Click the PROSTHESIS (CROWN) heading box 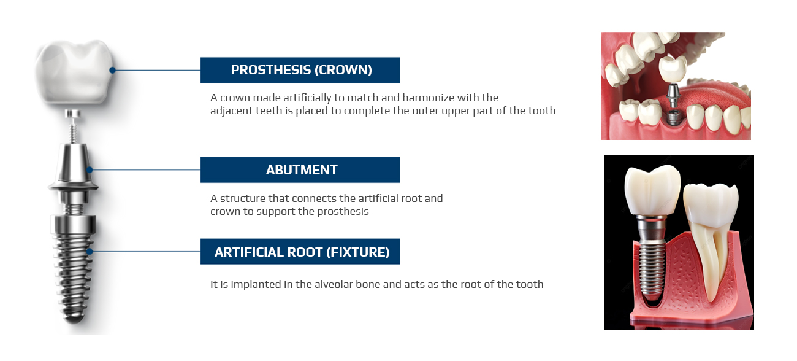(x=300, y=70)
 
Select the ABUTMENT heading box (x=300, y=170)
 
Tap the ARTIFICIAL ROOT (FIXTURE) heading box (x=300, y=252)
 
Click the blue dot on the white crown (x=112, y=70)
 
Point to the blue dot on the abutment (x=90, y=170)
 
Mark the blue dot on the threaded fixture (x=90, y=252)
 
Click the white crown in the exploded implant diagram (x=75, y=72)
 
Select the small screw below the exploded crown (x=73, y=126)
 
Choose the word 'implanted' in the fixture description (x=255, y=285)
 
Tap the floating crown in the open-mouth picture (x=673, y=69)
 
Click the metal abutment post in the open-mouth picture (x=673, y=96)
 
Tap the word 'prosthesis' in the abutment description (x=343, y=212)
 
